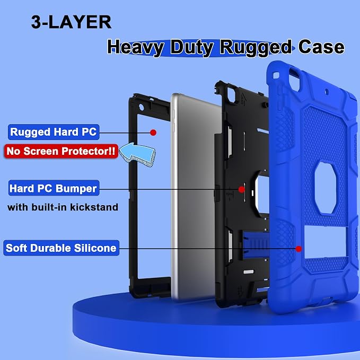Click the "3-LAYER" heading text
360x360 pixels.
tap(71, 22)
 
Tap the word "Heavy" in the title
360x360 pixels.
tap(136, 48)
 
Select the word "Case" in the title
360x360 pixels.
tap(321, 47)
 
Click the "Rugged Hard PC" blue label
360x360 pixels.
tap(54, 132)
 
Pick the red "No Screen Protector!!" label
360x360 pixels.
tap(61, 151)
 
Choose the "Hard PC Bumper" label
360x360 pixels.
tap(54, 188)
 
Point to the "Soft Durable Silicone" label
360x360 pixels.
tap(61, 248)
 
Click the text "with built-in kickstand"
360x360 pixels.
tap(63, 207)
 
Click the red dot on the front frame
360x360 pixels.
tap(153, 133)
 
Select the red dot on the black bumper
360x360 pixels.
tap(241, 189)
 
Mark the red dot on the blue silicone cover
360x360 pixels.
tap(298, 249)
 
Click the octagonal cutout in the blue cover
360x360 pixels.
tap(326, 188)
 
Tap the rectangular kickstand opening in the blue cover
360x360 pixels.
tap(326, 241)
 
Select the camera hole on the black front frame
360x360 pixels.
tap(142, 107)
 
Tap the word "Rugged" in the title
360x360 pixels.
tap(256, 48)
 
